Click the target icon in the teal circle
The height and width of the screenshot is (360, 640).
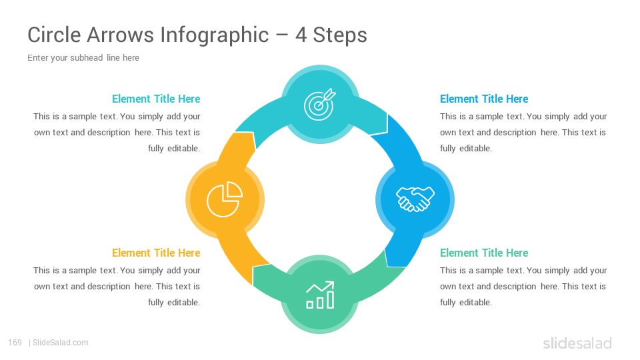pyautogui.click(x=319, y=105)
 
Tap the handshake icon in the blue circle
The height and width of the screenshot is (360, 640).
pyautogui.click(x=415, y=199)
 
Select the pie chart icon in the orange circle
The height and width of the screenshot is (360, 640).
pyautogui.click(x=225, y=199)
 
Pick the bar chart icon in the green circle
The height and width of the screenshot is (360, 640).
pyautogui.click(x=321, y=295)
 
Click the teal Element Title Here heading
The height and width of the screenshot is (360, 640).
pyautogui.click(x=156, y=99)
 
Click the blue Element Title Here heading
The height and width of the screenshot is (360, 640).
pyautogui.click(x=484, y=99)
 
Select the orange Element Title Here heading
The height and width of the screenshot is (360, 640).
pyautogui.click(x=156, y=253)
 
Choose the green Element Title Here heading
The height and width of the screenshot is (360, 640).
pyautogui.click(x=484, y=253)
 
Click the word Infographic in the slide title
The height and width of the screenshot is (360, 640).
pyautogui.click(x=214, y=35)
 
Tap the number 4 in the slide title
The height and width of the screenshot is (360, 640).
pyautogui.click(x=301, y=35)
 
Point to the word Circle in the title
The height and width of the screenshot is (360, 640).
pyautogui.click(x=54, y=35)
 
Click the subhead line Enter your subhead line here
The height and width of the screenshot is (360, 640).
pyautogui.click(x=83, y=57)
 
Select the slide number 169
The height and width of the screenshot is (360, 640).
pyautogui.click(x=15, y=343)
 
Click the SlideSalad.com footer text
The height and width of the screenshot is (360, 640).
pyautogui.click(x=61, y=343)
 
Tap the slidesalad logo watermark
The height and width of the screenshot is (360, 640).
pyautogui.click(x=577, y=343)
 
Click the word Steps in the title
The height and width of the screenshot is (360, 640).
pyautogui.click(x=340, y=35)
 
